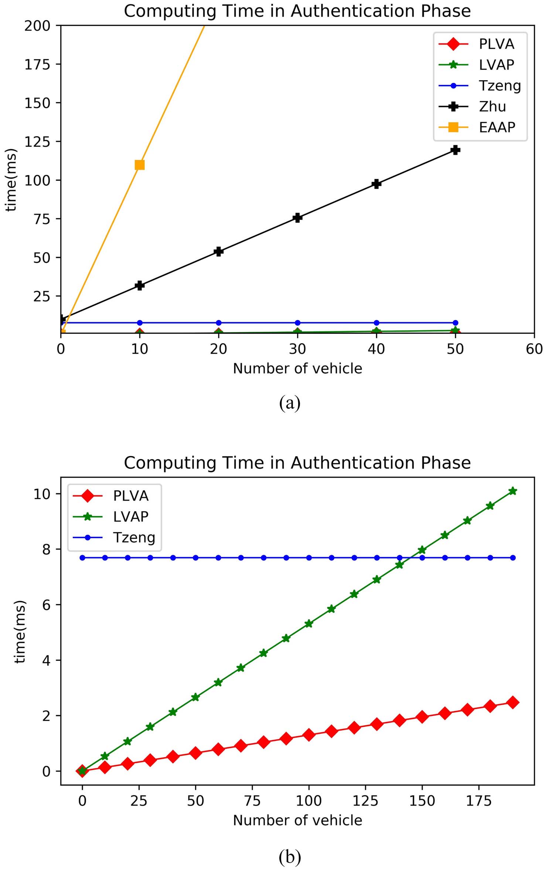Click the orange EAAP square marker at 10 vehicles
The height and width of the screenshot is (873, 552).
click(x=140, y=165)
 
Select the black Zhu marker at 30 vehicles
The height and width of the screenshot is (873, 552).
click(x=297, y=217)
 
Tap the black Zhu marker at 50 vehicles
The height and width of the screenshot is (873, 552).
click(x=455, y=150)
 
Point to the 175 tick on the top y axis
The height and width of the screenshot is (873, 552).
click(x=37, y=64)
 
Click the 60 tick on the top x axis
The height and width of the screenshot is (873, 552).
click(x=534, y=349)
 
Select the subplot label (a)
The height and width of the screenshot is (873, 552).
click(x=290, y=403)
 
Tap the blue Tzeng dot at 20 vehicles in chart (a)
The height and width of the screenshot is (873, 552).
click(x=218, y=323)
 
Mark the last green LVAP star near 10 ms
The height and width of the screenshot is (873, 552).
click(x=512, y=491)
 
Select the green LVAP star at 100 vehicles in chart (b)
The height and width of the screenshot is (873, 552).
click(x=309, y=623)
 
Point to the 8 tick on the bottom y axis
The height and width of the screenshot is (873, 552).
click(x=46, y=549)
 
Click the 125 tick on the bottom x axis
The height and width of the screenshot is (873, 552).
click(x=365, y=801)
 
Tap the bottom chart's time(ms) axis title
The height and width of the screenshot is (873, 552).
click(x=20, y=632)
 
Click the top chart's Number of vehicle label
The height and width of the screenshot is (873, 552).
click(x=297, y=369)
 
